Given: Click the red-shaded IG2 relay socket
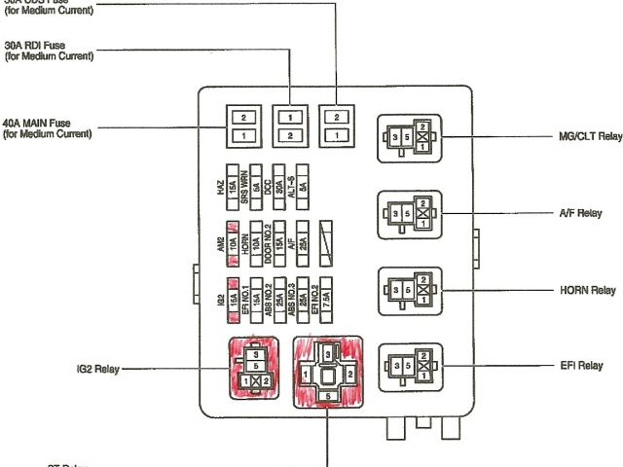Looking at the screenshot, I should point(255,371).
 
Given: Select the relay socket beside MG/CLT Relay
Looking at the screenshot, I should point(410,138).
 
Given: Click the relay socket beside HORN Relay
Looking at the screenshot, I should point(410,289).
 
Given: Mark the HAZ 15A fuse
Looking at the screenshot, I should point(233,182).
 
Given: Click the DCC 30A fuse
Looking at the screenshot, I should point(279,182).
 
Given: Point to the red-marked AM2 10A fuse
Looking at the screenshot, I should point(233,237).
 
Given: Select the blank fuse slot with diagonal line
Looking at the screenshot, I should point(327,237).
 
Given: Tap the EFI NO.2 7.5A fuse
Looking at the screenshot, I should point(327,293).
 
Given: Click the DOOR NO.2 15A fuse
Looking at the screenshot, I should point(279,237).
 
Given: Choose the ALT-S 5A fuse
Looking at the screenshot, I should point(304,182).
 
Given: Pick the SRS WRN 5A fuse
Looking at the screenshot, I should point(256,182).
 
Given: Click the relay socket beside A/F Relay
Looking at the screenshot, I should point(410,213).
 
